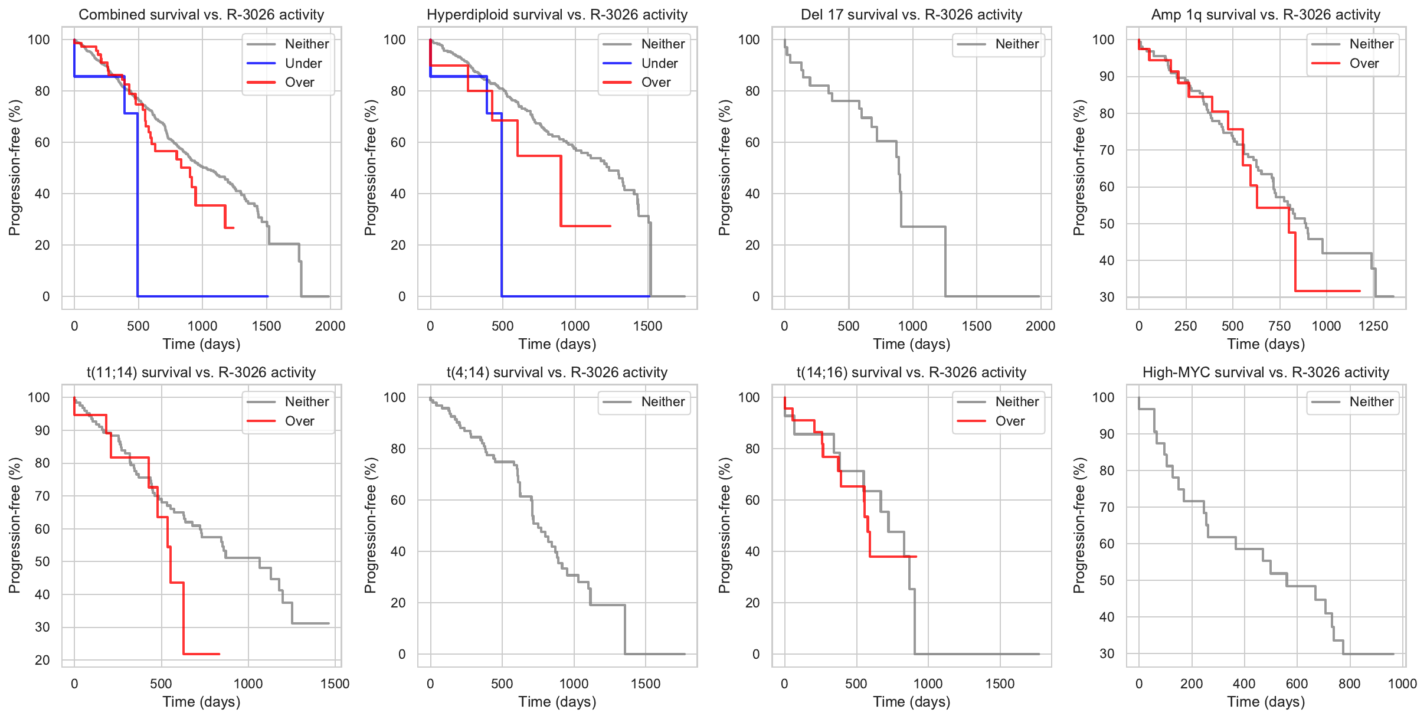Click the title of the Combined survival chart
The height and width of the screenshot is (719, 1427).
tap(201, 15)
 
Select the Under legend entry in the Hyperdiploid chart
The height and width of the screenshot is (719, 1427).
tap(659, 63)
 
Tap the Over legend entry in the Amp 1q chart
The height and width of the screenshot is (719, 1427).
tap(1364, 63)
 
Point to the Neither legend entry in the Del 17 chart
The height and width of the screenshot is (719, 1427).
tap(1017, 44)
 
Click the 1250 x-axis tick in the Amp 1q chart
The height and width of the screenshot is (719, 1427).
tap(1373, 326)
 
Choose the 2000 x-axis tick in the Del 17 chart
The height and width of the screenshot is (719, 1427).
tap(1040, 326)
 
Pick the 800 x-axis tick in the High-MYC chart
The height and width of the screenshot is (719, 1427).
tap(1349, 684)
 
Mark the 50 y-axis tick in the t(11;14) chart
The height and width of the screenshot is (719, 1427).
tap(42, 561)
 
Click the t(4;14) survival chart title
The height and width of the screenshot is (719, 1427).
tap(557, 372)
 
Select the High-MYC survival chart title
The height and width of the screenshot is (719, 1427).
tap(1265, 372)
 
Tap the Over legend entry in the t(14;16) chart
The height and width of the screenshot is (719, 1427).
tap(1010, 421)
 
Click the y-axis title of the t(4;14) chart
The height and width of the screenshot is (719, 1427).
tap(370, 525)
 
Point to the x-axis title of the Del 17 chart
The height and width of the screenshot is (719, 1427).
tap(911, 344)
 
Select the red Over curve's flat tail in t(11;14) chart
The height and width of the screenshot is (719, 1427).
tap(201, 653)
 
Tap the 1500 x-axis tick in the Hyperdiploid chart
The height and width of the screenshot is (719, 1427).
tap(647, 326)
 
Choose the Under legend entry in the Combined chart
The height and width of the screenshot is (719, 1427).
tap(303, 63)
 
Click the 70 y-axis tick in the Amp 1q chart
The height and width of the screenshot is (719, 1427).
tap(1107, 150)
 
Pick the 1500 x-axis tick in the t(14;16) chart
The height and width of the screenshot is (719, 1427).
tap(1000, 684)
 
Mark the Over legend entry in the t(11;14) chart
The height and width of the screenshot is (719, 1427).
tap(299, 421)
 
